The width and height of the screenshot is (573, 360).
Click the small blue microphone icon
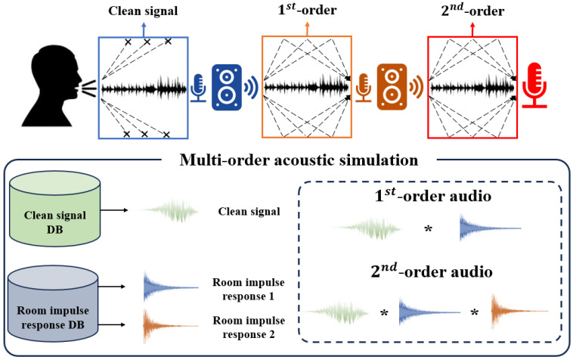click(x=199, y=88)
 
